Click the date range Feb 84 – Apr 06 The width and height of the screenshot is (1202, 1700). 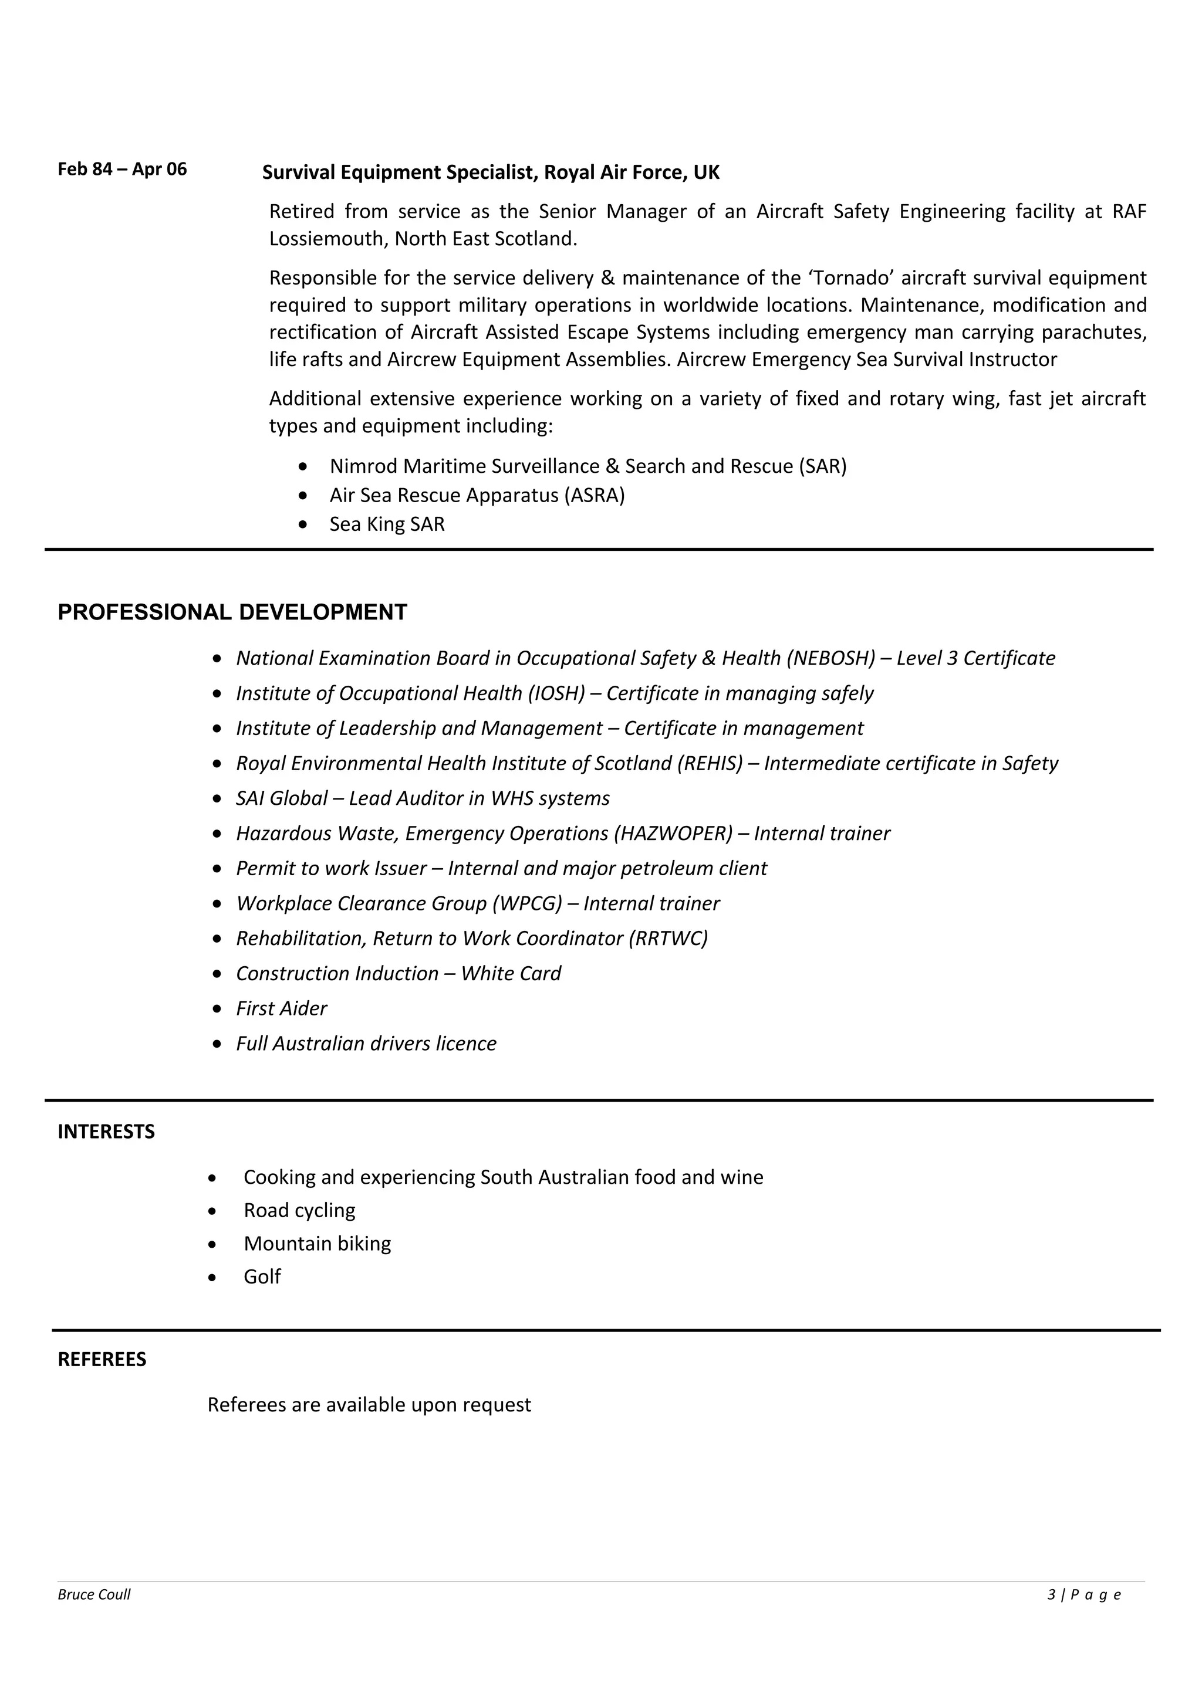point(122,170)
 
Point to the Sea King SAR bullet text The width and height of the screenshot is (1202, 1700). point(387,524)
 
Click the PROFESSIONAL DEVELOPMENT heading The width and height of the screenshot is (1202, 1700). point(232,612)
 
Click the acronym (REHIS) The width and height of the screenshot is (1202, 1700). point(710,763)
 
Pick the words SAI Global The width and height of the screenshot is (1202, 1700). point(282,798)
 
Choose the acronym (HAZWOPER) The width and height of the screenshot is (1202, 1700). point(673,834)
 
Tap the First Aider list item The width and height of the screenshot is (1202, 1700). point(282,1008)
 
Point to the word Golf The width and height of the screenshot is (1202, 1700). point(262,1276)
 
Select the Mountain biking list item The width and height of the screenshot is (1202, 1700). point(317,1243)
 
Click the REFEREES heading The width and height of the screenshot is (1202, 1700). point(102,1359)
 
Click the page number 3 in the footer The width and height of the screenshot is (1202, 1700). point(1051,1595)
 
